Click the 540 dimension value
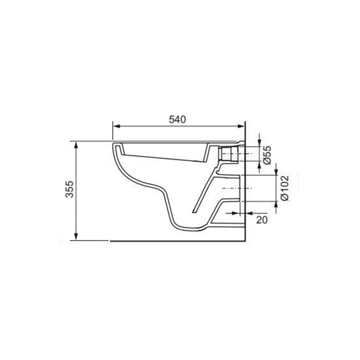(x=178, y=119)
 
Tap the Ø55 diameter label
(x=268, y=155)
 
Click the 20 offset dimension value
(x=261, y=220)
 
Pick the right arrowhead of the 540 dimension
(x=243, y=127)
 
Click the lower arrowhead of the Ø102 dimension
(x=276, y=204)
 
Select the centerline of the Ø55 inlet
(x=240, y=154)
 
